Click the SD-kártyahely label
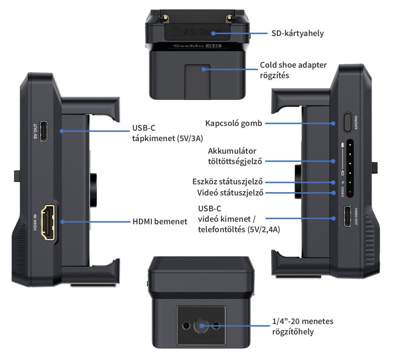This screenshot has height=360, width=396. (297, 33)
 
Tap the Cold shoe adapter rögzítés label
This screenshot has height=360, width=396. (293, 71)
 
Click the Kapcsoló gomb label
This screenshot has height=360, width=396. (234, 123)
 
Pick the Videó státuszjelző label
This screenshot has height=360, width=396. (230, 193)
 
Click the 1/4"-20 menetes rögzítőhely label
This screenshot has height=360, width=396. (303, 326)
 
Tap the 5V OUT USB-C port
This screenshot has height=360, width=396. (44, 131)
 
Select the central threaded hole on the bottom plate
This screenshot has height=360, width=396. (201, 326)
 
